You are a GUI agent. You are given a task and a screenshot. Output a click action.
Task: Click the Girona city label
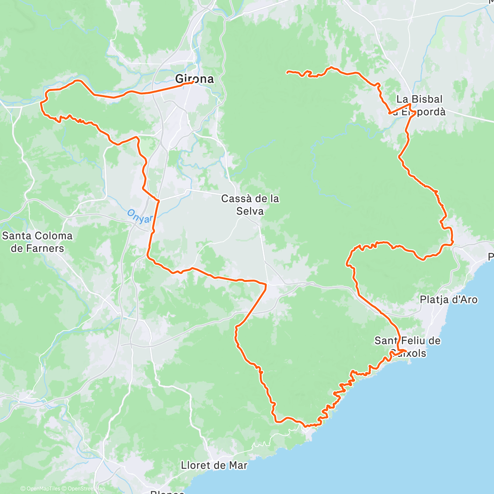195,79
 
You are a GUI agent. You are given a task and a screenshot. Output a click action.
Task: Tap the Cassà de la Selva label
250,205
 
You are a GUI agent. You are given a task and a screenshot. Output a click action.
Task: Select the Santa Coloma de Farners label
37,242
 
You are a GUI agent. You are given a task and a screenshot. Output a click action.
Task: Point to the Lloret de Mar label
214,466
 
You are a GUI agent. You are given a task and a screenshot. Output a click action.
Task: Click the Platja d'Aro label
449,300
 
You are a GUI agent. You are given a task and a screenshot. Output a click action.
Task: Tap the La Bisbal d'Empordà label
419,105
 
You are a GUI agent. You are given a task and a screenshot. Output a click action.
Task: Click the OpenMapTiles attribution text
41,489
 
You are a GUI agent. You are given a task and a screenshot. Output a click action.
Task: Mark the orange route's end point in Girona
192,82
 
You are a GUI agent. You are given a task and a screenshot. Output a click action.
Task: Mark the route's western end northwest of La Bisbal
287,72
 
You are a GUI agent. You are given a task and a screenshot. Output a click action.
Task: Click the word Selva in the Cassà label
250,211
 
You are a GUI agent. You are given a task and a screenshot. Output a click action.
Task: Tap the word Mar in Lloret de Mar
239,466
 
